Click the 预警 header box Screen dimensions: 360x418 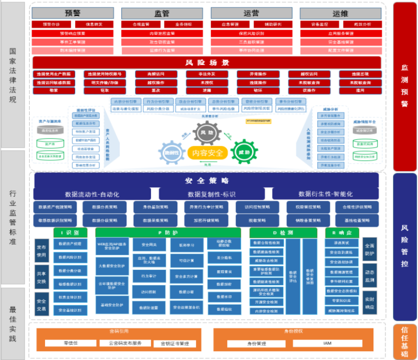tap(73, 13)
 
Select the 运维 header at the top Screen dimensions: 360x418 tap(340, 13)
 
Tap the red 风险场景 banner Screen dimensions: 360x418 tap(207, 62)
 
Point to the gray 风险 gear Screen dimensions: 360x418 tap(207, 133)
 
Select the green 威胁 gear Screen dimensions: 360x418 tap(244, 152)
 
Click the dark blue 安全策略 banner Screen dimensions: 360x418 tap(207, 180)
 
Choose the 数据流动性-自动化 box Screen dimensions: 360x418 tap(92, 194)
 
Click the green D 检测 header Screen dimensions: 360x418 tap(283, 232)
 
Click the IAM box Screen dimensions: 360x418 tap(327, 343)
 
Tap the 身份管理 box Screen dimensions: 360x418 tap(256, 343)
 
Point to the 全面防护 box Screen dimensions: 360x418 tap(370, 250)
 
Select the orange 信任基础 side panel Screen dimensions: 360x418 tap(405, 341)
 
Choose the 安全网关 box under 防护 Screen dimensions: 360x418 tap(149, 244)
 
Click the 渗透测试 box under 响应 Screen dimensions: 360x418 tap(343, 243)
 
